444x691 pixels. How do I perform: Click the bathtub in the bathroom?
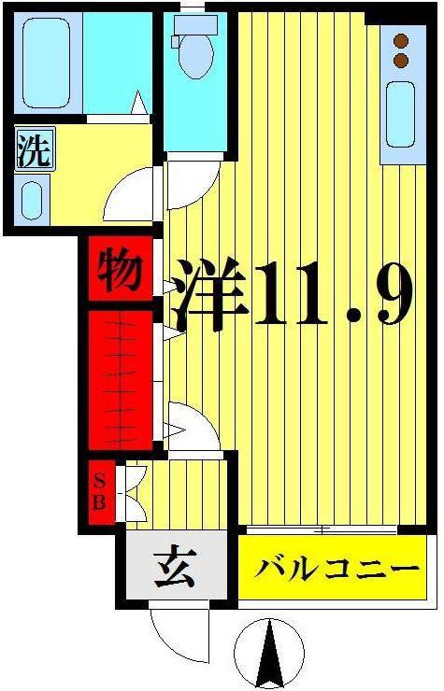[47, 63]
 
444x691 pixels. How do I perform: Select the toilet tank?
[195, 24]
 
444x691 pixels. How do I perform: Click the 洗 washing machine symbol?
[35, 149]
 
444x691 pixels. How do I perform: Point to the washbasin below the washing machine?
[32, 200]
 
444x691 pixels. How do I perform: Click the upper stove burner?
[401, 41]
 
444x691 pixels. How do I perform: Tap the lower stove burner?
[401, 60]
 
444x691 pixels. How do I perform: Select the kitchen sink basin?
[401, 114]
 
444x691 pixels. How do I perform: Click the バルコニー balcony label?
[337, 571]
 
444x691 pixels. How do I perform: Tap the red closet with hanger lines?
[121, 380]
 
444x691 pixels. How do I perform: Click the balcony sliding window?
[322, 529]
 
